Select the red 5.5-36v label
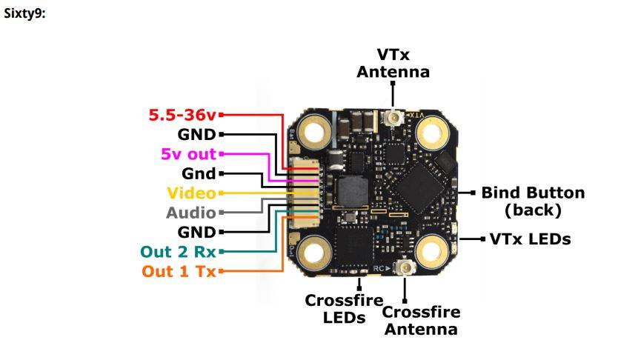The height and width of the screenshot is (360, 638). point(182,115)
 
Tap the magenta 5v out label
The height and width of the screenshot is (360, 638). point(188,154)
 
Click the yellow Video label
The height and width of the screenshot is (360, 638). point(190,193)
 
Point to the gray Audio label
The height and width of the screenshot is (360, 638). point(190,213)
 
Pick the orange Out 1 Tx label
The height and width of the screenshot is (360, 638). point(179,271)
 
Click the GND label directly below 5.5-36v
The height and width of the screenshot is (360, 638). point(196,135)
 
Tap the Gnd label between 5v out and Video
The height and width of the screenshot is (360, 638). point(198,174)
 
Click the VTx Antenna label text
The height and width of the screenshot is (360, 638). point(393,63)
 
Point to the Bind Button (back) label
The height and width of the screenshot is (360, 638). point(533,201)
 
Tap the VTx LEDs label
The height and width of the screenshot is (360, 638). point(530,239)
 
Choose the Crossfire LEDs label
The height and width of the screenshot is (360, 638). point(344,309)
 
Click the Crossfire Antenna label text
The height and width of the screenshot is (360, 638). point(421,320)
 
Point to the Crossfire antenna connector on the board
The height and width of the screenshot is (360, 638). point(405,268)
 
